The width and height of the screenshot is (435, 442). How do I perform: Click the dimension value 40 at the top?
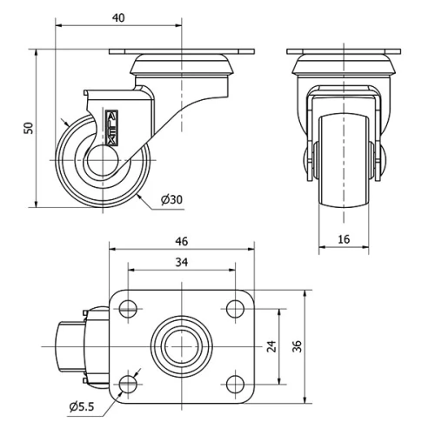pos(119,17)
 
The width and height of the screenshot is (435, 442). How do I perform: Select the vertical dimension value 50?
pos(28,128)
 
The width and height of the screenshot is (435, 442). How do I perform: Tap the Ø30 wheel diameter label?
pos(171,200)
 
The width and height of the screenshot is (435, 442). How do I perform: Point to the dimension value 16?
pos(343,238)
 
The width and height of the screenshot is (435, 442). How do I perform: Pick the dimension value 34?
pos(181,261)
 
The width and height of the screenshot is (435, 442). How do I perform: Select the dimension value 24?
pos(271,345)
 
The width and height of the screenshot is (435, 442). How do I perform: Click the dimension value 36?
pos(298,345)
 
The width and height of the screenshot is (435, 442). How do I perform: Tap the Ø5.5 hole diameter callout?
pos(84,406)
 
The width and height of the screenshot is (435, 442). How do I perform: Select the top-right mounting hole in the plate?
pos(233,308)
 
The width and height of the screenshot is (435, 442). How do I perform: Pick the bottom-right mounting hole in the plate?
pos(233,382)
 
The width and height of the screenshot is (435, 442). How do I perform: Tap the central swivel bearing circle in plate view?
pos(181,345)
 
